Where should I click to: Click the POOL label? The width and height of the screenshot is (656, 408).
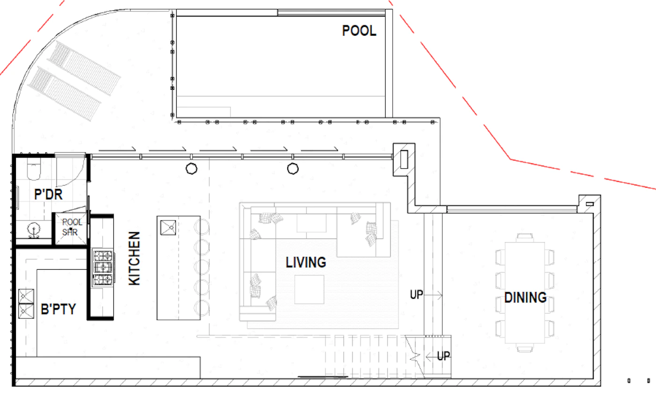(359, 31)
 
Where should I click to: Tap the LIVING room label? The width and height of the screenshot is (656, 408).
(306, 262)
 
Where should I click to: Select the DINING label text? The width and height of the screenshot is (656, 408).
(525, 297)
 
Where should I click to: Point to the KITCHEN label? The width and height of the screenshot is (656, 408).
(134, 258)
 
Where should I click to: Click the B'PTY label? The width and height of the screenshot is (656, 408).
(58, 309)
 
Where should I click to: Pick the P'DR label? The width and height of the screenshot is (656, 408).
(48, 194)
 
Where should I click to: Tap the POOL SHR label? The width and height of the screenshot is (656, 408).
(71, 227)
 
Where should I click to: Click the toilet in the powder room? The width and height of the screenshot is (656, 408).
(34, 169)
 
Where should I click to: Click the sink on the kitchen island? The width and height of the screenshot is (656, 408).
(168, 227)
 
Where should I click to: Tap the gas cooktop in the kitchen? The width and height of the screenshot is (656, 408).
(103, 268)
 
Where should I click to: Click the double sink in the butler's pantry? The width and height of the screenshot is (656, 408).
(26, 304)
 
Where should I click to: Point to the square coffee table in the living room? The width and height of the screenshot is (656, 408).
(309, 290)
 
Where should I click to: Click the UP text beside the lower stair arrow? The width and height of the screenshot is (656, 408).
(444, 356)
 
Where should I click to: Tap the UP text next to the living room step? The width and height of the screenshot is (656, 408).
(417, 295)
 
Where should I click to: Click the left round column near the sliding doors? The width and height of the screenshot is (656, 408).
(192, 169)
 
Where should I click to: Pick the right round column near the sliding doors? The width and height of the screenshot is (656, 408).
(293, 169)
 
